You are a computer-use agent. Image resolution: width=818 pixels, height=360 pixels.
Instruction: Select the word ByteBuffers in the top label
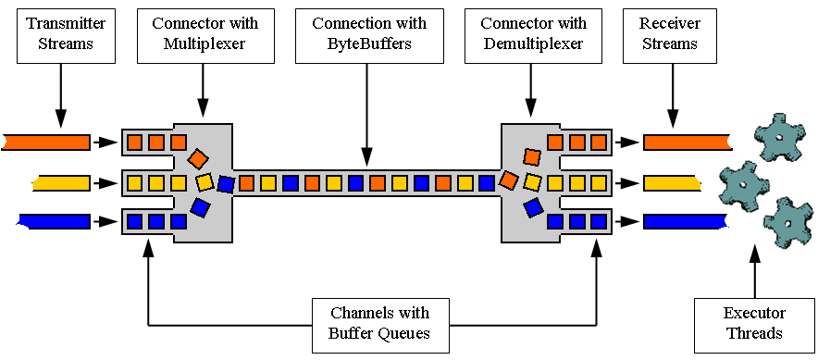pyautogui.click(x=368, y=44)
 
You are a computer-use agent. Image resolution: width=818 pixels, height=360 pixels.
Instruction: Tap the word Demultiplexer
pyautogui.click(x=530, y=44)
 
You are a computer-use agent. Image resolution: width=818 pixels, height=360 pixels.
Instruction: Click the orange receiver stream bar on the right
pyautogui.click(x=685, y=142)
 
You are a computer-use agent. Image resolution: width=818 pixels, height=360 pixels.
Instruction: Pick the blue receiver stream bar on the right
pyautogui.click(x=685, y=221)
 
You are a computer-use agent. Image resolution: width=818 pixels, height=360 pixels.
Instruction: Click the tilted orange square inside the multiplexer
pyautogui.click(x=198, y=158)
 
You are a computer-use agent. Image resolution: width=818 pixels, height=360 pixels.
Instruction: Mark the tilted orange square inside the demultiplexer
pyautogui.click(x=531, y=157)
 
